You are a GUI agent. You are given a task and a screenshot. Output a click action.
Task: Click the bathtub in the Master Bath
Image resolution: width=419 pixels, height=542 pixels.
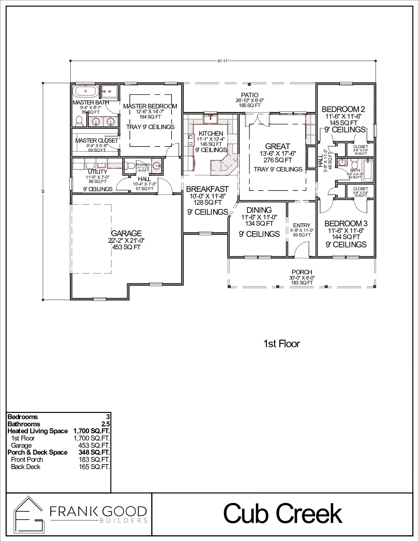(85, 92)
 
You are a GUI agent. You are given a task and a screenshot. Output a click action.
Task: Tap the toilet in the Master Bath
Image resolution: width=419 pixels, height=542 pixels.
(79, 122)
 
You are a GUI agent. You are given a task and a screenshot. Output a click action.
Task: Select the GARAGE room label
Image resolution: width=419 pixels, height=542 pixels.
(126, 234)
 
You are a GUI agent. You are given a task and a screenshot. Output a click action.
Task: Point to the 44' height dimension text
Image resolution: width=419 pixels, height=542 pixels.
(43, 191)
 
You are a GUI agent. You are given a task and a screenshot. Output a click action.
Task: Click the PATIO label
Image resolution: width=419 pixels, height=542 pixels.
(250, 95)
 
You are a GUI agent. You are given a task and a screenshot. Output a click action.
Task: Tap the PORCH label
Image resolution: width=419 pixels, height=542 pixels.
(302, 272)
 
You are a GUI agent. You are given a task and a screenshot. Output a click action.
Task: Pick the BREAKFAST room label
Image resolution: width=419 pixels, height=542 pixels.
(207, 189)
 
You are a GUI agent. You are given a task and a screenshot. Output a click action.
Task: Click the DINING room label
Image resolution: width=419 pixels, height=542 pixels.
(259, 210)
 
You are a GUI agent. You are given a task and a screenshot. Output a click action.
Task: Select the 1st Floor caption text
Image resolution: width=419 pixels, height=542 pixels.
(281, 344)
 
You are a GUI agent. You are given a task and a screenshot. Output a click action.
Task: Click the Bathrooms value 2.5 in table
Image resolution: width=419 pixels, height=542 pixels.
(105, 424)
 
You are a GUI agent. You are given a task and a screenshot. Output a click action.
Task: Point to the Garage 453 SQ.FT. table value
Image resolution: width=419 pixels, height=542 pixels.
(94, 445)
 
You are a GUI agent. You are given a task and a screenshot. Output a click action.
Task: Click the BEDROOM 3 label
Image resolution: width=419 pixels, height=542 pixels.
(346, 224)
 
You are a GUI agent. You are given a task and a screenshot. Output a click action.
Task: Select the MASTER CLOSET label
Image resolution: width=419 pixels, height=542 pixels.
(97, 141)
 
